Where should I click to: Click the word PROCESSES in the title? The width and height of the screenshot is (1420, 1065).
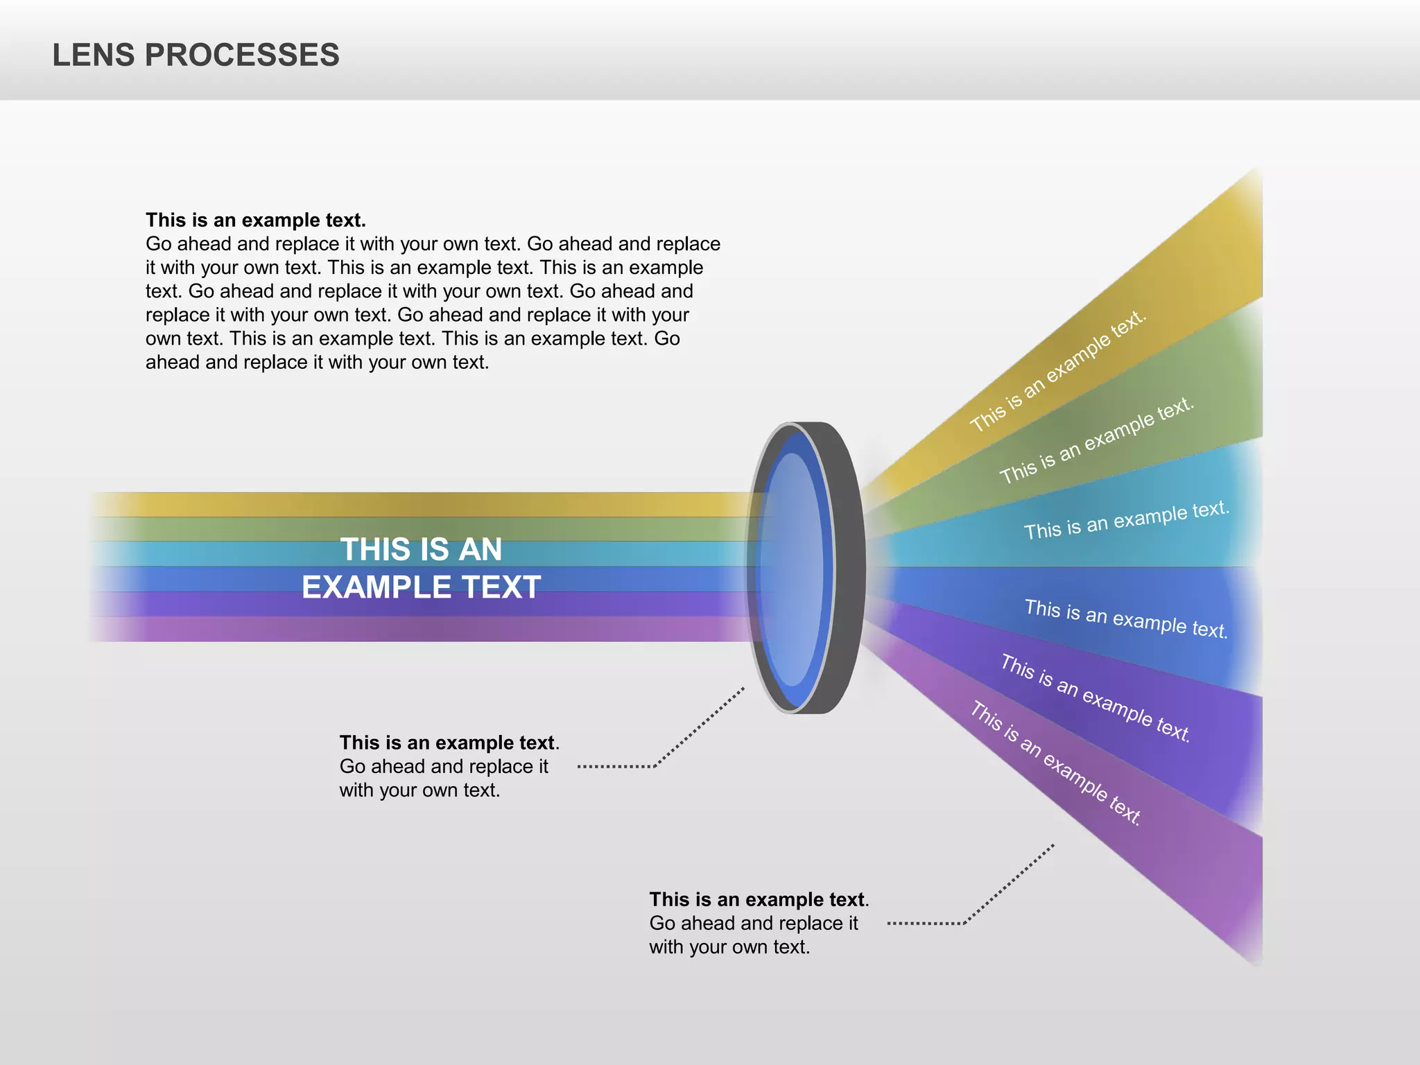[242, 55]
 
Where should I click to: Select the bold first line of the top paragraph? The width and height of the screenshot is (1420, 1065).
[255, 220]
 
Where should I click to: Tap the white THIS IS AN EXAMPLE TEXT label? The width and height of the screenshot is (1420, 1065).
[421, 569]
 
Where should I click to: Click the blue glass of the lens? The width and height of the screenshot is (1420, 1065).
[793, 569]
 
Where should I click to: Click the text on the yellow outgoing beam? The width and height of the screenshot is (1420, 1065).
[1058, 372]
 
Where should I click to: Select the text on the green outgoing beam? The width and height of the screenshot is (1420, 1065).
[1097, 440]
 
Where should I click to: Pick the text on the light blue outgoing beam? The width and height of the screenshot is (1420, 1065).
[1127, 520]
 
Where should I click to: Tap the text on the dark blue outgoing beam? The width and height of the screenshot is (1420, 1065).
[1126, 619]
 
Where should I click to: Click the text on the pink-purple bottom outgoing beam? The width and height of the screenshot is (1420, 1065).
[1055, 763]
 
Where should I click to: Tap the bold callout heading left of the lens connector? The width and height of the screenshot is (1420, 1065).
[448, 743]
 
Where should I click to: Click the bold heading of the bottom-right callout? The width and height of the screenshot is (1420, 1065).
[758, 899]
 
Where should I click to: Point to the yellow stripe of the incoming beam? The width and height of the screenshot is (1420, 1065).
[416, 504]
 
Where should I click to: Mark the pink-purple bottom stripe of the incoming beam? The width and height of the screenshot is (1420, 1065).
[416, 629]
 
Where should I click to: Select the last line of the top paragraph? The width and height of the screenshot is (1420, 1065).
[317, 363]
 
